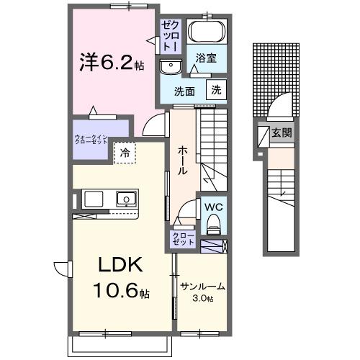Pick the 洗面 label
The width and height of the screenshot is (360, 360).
(185, 91)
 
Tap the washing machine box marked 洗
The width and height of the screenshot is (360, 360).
(215, 90)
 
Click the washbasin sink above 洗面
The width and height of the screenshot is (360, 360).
(171, 67)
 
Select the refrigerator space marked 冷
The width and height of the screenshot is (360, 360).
(125, 153)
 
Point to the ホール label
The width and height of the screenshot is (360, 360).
(184, 160)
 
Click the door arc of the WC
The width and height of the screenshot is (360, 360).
(186, 212)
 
